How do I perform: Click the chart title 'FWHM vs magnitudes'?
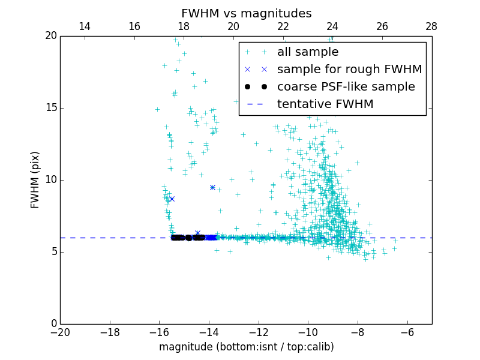[x=246, y=13]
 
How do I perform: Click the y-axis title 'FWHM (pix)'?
[x=35, y=180]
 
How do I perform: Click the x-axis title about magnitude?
[x=246, y=347]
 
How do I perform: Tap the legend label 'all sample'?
[x=308, y=52]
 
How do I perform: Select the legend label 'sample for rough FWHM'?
[x=349, y=70]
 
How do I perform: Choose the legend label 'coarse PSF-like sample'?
[x=346, y=87]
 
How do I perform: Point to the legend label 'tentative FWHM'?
[x=325, y=104]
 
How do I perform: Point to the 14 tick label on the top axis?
[x=85, y=26]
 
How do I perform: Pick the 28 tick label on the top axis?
[x=431, y=26]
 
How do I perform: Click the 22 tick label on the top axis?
[x=283, y=26]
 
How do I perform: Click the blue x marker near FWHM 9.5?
[x=212, y=187]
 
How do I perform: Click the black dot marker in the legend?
[x=264, y=87]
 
